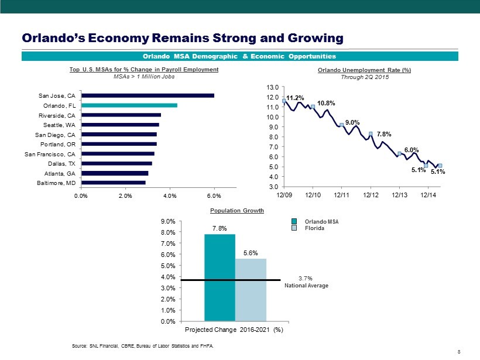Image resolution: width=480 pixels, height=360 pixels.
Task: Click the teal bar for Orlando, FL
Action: point(129,105)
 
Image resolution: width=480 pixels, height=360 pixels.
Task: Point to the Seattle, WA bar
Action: point(120,125)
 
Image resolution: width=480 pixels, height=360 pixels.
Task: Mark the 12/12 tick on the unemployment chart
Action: point(370,195)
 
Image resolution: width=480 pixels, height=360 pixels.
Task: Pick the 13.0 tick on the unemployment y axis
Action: point(273,87)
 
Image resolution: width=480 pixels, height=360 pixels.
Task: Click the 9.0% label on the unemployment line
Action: point(352,122)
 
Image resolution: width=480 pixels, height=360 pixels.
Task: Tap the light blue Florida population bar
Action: point(251,290)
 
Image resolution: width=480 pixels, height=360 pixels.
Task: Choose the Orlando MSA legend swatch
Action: point(296,221)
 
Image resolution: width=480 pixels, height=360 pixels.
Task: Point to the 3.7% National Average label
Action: point(310,282)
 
